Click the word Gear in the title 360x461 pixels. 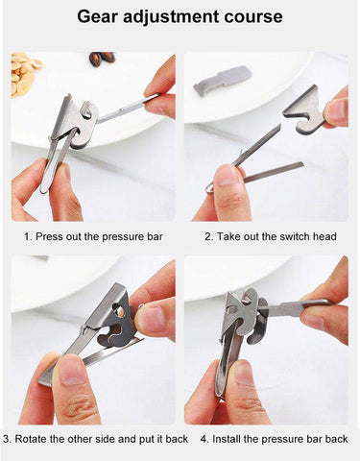(101, 16)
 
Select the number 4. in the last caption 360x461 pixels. (204, 439)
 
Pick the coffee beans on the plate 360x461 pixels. (101, 59)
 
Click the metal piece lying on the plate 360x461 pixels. (222, 80)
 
